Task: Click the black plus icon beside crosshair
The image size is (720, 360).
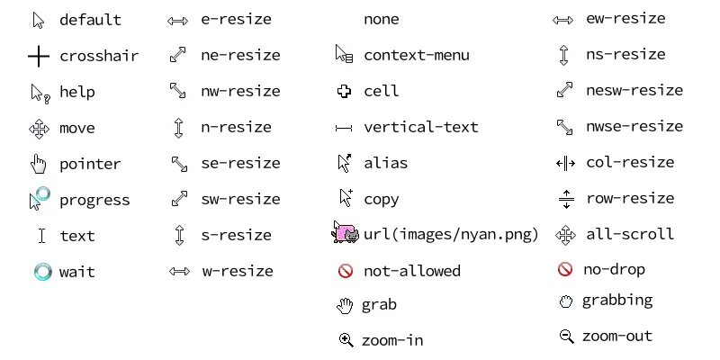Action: click(38, 57)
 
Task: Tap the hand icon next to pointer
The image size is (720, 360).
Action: click(38, 164)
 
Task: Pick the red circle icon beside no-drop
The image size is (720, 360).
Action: click(565, 269)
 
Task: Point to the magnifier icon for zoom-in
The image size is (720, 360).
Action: click(345, 340)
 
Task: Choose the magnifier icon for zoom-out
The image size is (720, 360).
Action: click(566, 337)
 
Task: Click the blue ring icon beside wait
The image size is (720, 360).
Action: click(42, 272)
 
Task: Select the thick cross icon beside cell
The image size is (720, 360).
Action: click(344, 91)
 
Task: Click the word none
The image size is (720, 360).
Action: click(381, 19)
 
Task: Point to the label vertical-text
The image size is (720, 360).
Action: click(420, 128)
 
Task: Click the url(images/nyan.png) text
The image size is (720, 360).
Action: click(451, 236)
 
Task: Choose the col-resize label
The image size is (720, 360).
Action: click(629, 163)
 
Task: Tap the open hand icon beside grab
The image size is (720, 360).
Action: click(345, 306)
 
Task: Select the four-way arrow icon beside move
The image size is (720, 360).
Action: click(39, 129)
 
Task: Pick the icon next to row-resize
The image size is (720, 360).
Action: click(565, 198)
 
